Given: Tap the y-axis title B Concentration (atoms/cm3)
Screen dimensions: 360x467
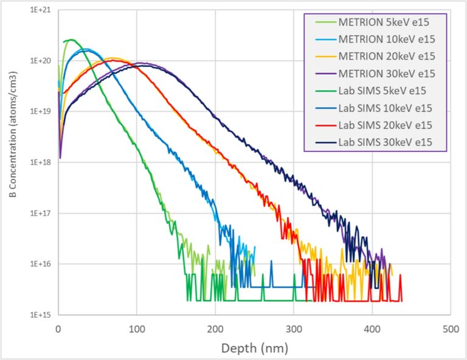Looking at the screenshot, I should click(x=13, y=163).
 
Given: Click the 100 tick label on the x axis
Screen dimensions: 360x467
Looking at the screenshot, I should click(x=136, y=328).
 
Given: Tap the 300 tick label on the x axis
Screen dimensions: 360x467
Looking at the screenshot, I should click(x=293, y=328).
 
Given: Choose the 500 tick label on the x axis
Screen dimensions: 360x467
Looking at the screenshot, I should click(x=450, y=328).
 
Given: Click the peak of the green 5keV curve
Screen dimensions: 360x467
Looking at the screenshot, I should click(x=71, y=40).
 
